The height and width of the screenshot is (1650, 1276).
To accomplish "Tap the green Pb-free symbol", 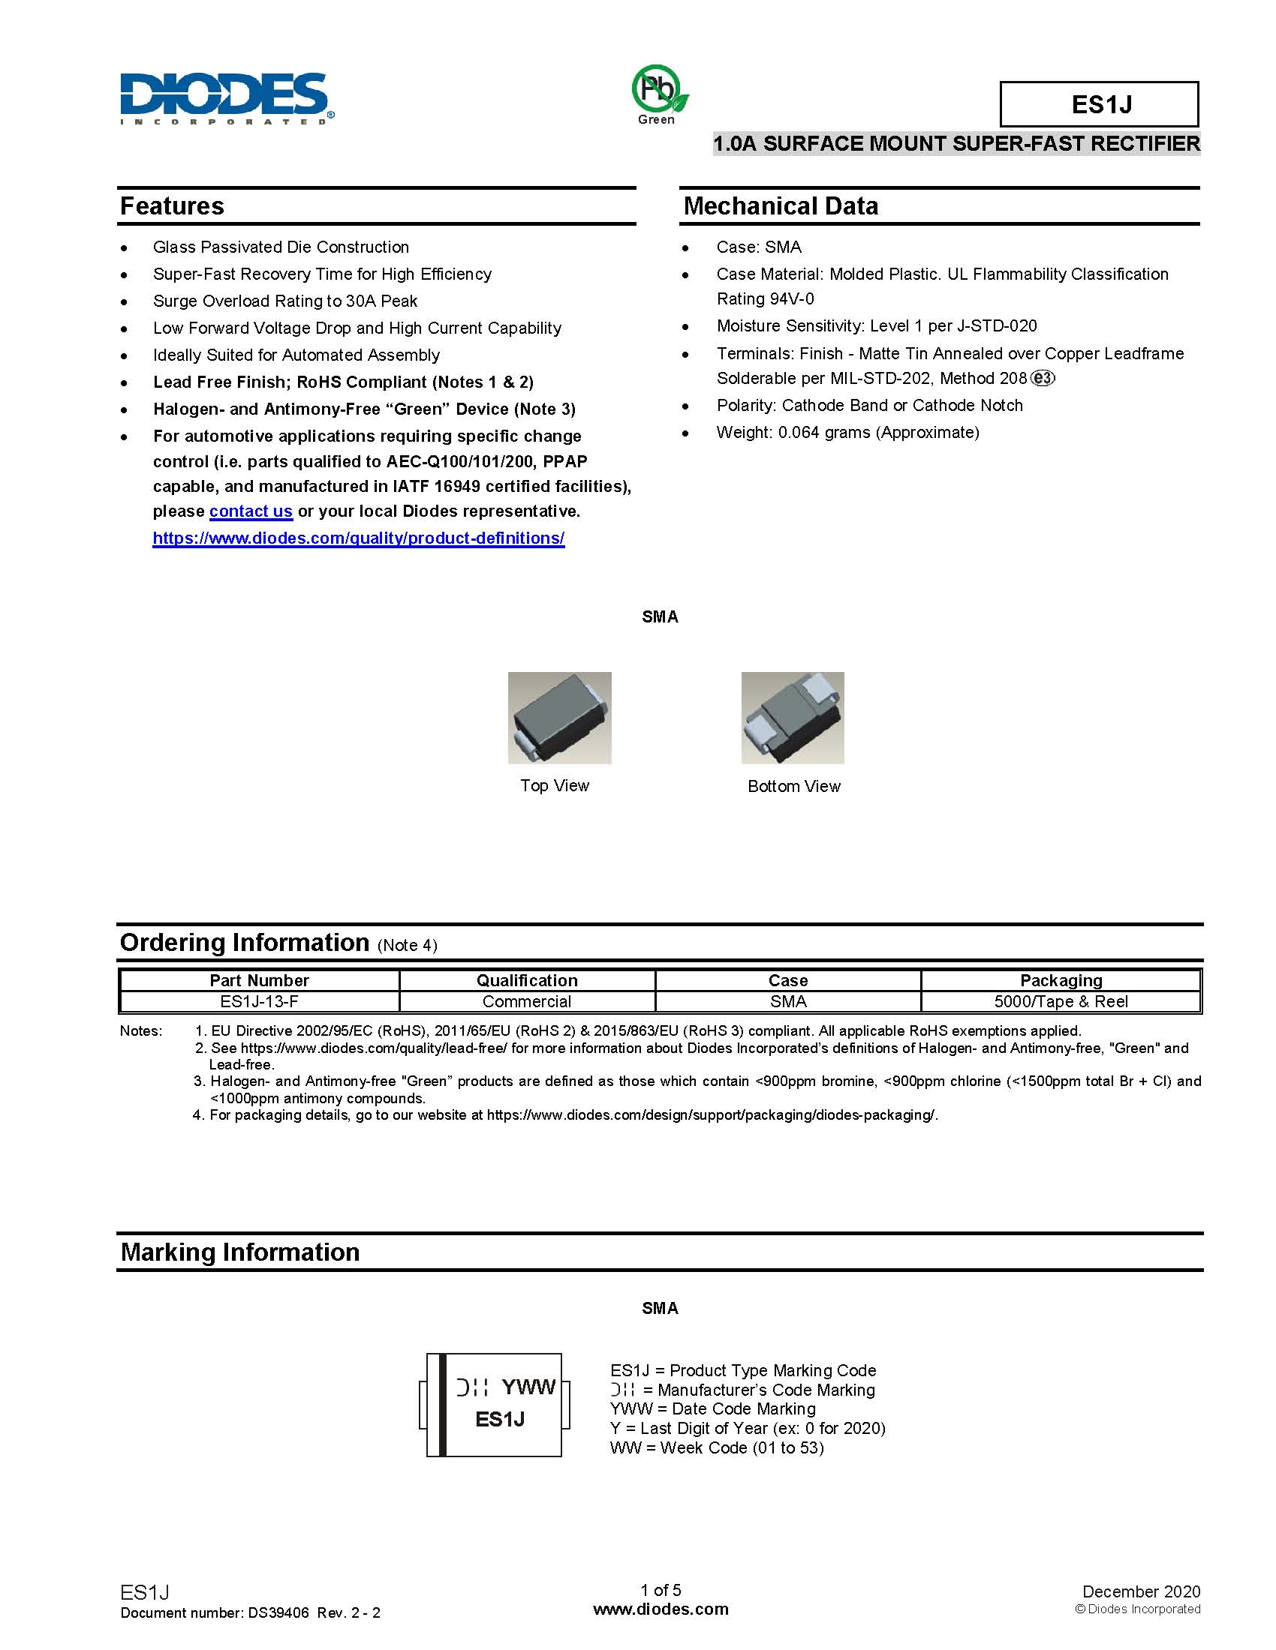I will pyautogui.click(x=658, y=90).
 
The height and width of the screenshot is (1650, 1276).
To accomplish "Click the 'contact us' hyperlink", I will pyautogui.click(x=250, y=511).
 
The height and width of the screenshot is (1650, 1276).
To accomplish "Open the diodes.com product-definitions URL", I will pyautogui.click(x=358, y=538).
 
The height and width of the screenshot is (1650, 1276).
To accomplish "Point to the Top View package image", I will pyautogui.click(x=559, y=718).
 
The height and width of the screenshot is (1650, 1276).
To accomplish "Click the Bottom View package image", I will pyautogui.click(x=792, y=718).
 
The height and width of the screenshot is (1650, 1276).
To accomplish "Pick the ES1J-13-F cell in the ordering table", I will pyautogui.click(x=259, y=1002).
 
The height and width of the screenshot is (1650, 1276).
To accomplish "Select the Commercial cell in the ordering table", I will pyautogui.click(x=527, y=1002).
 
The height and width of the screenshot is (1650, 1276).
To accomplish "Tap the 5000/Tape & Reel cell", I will pyautogui.click(x=1061, y=1002).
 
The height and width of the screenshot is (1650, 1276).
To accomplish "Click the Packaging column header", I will pyautogui.click(x=1061, y=981).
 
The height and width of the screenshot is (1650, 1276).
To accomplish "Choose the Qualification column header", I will pyautogui.click(x=527, y=981).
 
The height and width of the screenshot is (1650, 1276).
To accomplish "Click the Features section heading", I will pyautogui.click(x=173, y=206).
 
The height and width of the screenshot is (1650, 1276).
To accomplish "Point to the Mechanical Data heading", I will pyautogui.click(x=780, y=206).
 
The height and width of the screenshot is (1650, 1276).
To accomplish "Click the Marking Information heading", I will pyautogui.click(x=239, y=1252).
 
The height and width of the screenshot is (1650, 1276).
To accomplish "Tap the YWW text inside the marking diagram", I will pyautogui.click(x=528, y=1387).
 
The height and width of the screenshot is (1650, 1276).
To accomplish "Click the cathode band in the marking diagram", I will pyautogui.click(x=443, y=1405).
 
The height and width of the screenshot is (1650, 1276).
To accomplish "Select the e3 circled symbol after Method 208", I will pyautogui.click(x=1043, y=379).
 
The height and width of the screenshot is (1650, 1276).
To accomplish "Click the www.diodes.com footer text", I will pyautogui.click(x=661, y=1609).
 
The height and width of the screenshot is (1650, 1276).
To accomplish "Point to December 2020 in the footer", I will pyautogui.click(x=1141, y=1591).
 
